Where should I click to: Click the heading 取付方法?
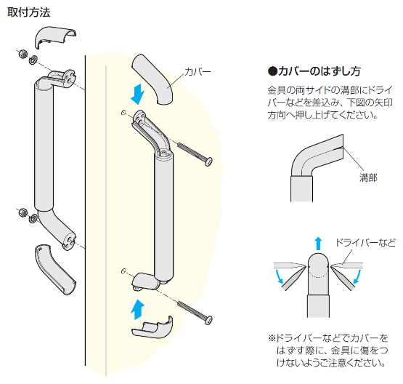tap(28, 12)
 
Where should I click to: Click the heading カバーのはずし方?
tap(314, 71)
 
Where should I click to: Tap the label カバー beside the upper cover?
tap(198, 71)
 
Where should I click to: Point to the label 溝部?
tap(368, 177)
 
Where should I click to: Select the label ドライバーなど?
tap(365, 243)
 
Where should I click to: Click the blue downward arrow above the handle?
tap(138, 94)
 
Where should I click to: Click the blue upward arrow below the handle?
tap(137, 309)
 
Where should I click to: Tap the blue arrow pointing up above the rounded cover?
tap(318, 244)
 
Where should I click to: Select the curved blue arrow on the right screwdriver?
tap(357, 276)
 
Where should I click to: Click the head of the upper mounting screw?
tap(208, 162)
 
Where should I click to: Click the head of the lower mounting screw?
tap(208, 320)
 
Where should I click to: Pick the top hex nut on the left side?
tap(23, 54)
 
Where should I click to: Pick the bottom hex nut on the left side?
tap(23, 212)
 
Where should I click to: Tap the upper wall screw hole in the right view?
tap(123, 113)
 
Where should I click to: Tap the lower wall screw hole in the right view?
tap(123, 271)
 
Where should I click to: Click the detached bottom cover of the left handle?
tap(53, 268)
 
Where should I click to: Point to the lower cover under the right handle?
tap(152, 329)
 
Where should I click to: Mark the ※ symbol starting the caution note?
tap(272, 338)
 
